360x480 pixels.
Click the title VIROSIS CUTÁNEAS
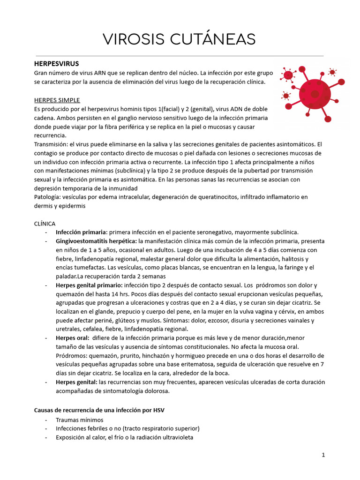tap(180, 40)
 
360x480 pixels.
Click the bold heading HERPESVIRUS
tap(57, 63)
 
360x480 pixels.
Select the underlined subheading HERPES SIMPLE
tap(57, 100)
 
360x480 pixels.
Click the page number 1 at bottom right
tap(323, 455)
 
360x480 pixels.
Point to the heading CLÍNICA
tap(45, 224)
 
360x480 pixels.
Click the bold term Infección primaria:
tap(82, 232)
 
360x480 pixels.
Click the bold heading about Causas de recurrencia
tap(99, 410)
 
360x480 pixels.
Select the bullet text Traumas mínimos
tap(80, 420)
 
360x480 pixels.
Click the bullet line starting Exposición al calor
tap(124, 437)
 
